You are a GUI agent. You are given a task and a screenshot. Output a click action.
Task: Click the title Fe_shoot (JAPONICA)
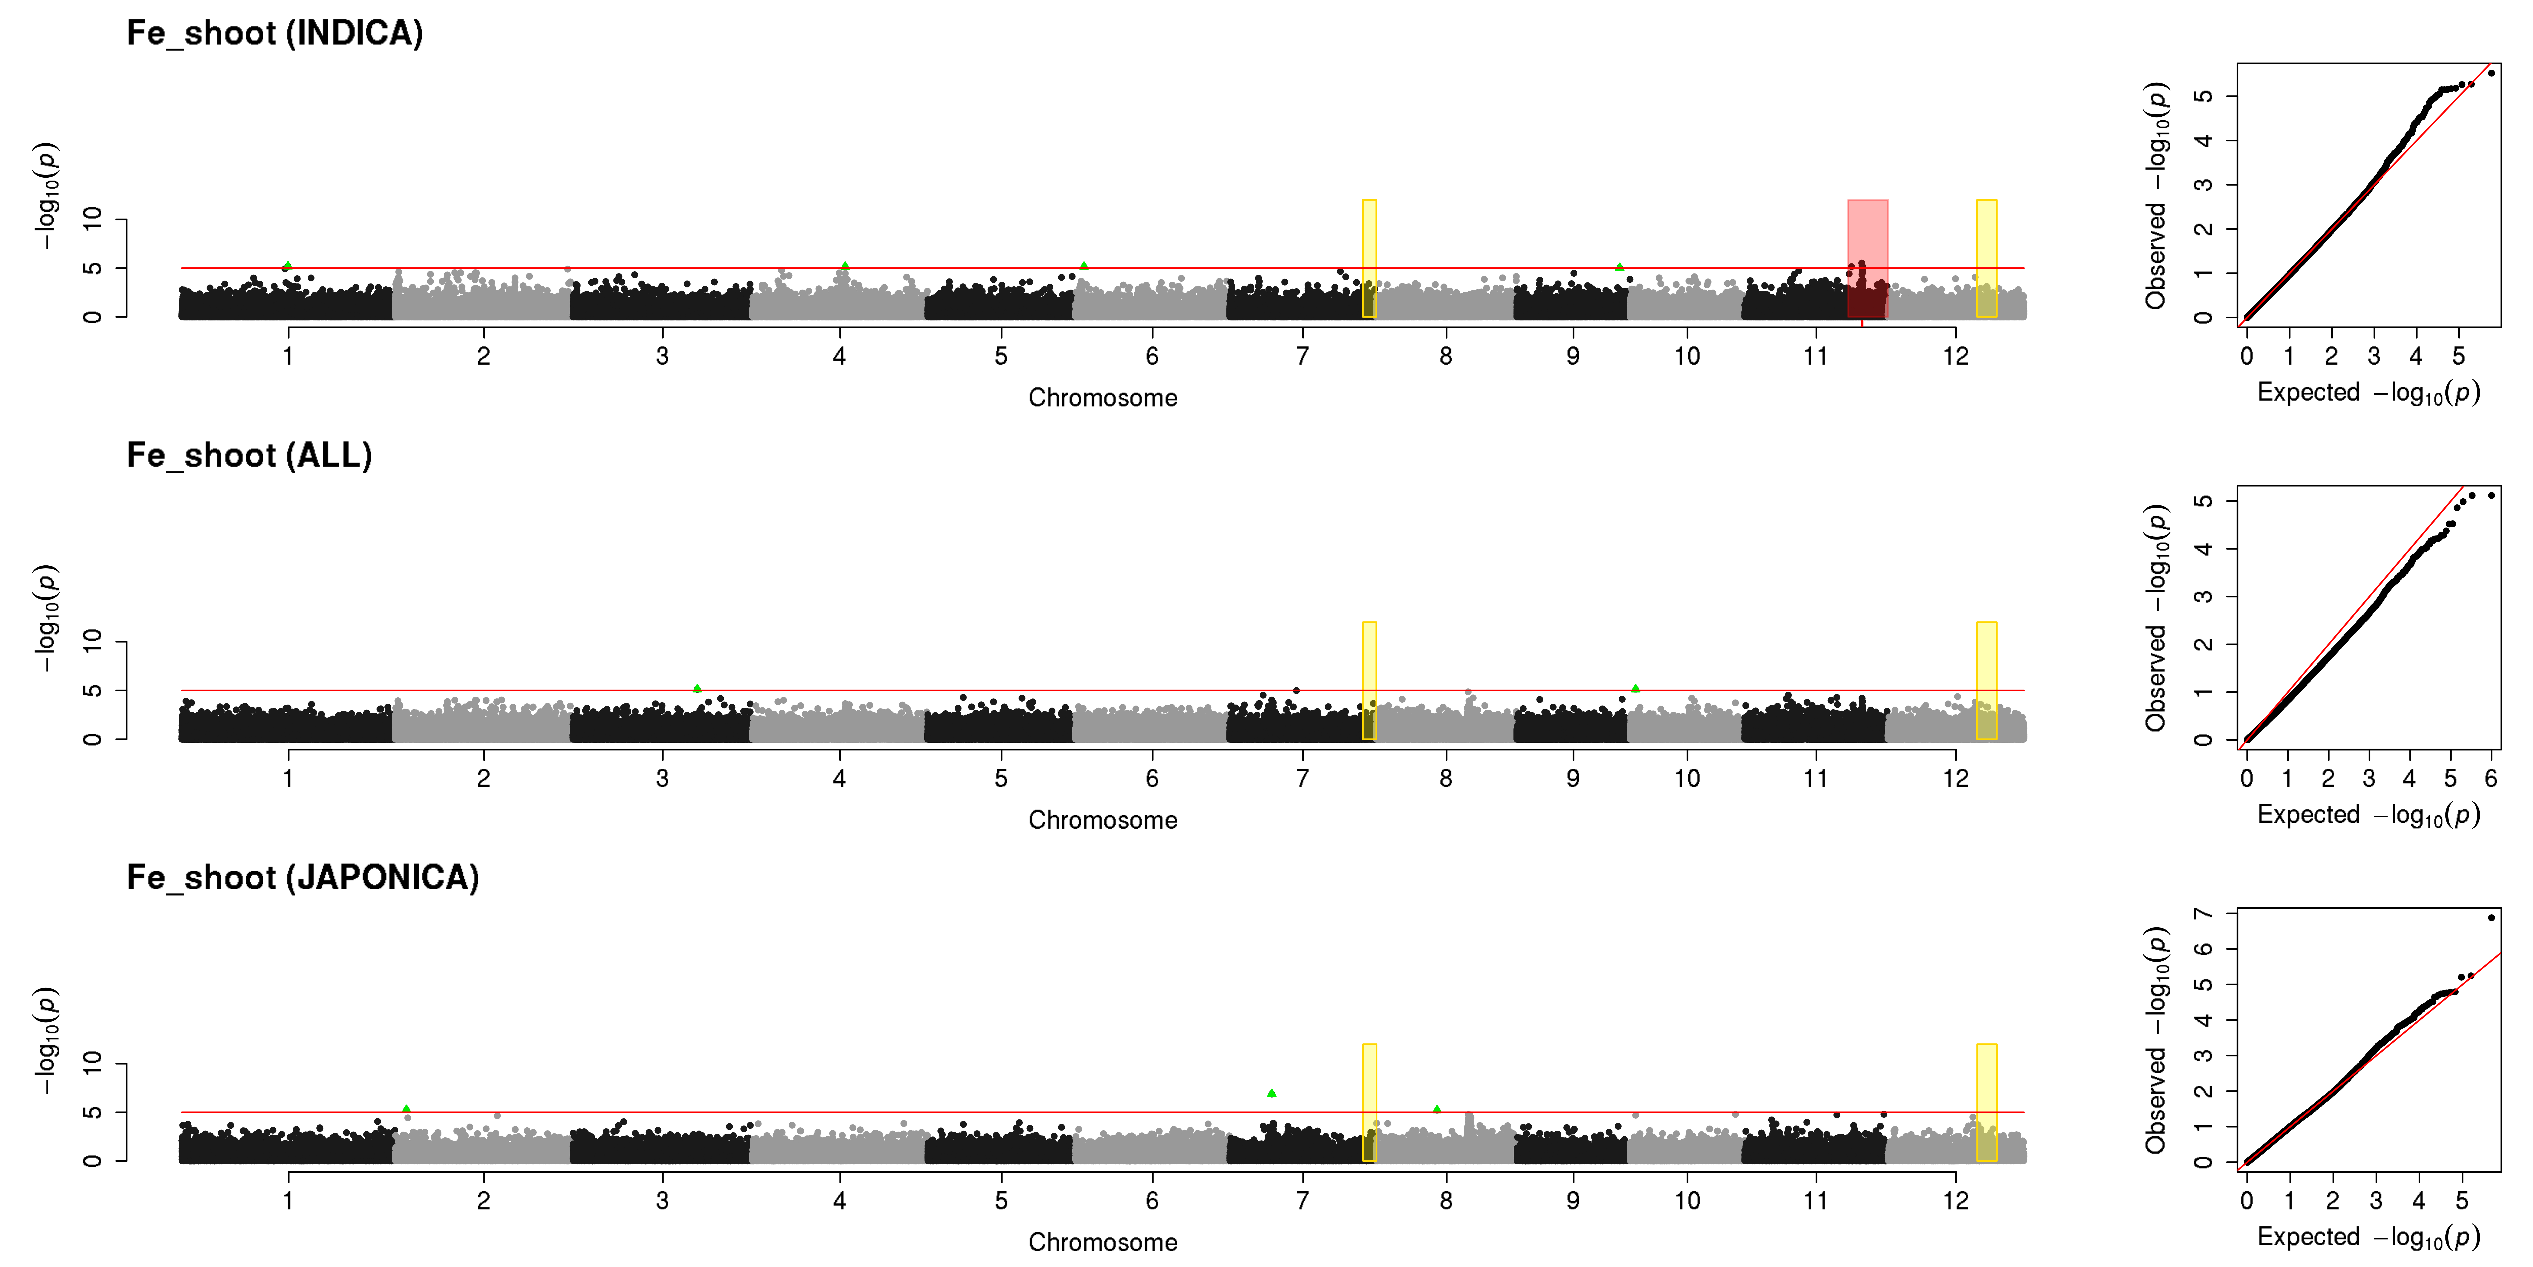tap(303, 877)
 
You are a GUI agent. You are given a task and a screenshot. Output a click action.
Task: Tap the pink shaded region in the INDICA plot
tap(1867, 259)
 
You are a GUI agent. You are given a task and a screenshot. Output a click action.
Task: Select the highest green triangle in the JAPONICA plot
tap(1272, 1093)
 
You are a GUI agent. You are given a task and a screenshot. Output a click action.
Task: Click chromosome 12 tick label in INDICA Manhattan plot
tap(1956, 356)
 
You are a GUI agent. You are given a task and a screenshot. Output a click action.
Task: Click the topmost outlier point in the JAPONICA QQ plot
tap(2491, 918)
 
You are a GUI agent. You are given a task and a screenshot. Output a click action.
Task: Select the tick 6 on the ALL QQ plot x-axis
tap(2491, 778)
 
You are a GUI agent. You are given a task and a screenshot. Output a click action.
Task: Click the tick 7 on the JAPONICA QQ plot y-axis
tap(2204, 914)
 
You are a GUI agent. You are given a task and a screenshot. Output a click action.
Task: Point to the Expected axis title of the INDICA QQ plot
tap(2368, 393)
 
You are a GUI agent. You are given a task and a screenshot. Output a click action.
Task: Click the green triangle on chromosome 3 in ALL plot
tap(697, 688)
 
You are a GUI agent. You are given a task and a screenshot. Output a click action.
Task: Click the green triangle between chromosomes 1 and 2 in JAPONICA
tap(406, 1109)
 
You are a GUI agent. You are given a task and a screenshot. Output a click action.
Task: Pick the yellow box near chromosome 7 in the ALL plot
tap(1369, 681)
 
